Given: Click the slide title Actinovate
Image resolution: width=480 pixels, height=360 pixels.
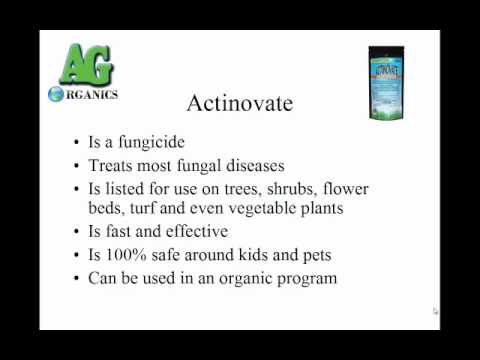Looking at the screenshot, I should pyautogui.click(x=240, y=103).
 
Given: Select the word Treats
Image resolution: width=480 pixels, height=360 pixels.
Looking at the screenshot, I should pyautogui.click(x=113, y=164).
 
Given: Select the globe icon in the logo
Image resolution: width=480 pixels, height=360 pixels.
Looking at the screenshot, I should pyautogui.click(x=58, y=95).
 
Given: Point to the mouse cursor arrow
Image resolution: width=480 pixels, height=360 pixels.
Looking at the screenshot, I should pyautogui.click(x=436, y=311).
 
